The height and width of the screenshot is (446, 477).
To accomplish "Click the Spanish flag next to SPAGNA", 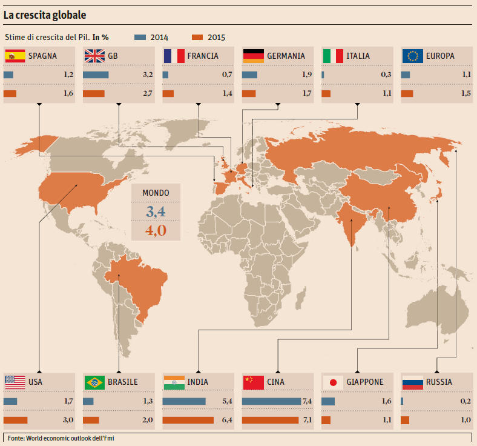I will point(15,56).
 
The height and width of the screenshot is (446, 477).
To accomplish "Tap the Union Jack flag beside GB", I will point(94,56).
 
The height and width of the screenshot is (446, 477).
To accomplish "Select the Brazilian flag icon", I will point(94,382).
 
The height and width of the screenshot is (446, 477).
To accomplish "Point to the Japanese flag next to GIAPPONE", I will point(332,382).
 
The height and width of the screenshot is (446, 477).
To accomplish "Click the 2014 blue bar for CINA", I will point(271,401).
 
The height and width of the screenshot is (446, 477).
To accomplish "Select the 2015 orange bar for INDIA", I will point(188,420).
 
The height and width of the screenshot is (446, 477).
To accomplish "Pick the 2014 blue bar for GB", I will point(96,75).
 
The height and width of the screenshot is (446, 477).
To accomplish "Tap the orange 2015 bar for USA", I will point(16,420).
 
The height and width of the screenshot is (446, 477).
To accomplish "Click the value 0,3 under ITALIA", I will point(386,75).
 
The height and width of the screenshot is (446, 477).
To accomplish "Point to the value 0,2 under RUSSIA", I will point(465,401).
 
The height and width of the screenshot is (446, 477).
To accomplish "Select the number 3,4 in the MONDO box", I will point(156,211).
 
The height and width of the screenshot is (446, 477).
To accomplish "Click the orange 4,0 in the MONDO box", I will point(156,231).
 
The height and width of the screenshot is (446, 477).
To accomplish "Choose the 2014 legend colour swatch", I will point(140,37).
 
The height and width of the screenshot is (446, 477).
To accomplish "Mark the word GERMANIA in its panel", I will point(286,56).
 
